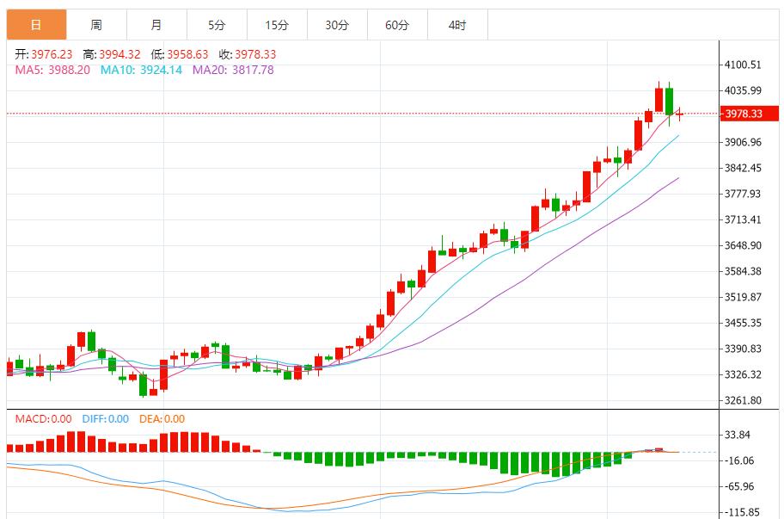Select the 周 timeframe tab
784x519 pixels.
(96, 26)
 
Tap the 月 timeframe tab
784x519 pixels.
(156, 26)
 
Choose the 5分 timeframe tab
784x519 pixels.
(217, 26)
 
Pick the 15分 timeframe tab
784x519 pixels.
(277, 26)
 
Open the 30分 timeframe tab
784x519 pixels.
(337, 26)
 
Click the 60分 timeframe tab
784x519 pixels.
(397, 26)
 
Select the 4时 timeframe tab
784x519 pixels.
(457, 26)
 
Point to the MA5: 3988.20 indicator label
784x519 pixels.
(52, 70)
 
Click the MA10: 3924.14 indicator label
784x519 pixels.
(141, 70)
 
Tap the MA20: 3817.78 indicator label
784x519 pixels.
(233, 70)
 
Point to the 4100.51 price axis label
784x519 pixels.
(744, 65)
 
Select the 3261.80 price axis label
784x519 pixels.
(744, 400)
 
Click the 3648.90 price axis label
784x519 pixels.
(744, 245)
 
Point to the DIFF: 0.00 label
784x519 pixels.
(105, 419)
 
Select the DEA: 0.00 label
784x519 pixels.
(162, 419)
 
